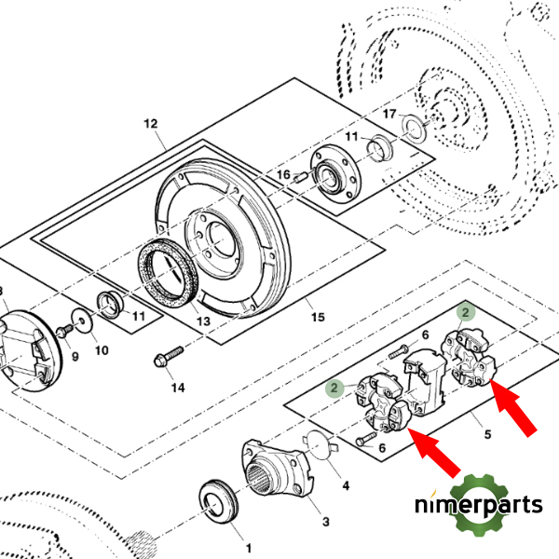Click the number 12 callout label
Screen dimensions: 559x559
point(151,124)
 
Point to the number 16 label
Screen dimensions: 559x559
point(283,174)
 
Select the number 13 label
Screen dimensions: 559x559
point(204,320)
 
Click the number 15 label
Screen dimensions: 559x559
point(318,318)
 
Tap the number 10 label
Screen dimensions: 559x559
point(102,350)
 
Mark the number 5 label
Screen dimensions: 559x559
point(488,432)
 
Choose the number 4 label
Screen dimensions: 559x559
point(345,485)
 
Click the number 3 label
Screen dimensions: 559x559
point(325,522)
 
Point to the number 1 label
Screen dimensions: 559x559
point(249,549)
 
